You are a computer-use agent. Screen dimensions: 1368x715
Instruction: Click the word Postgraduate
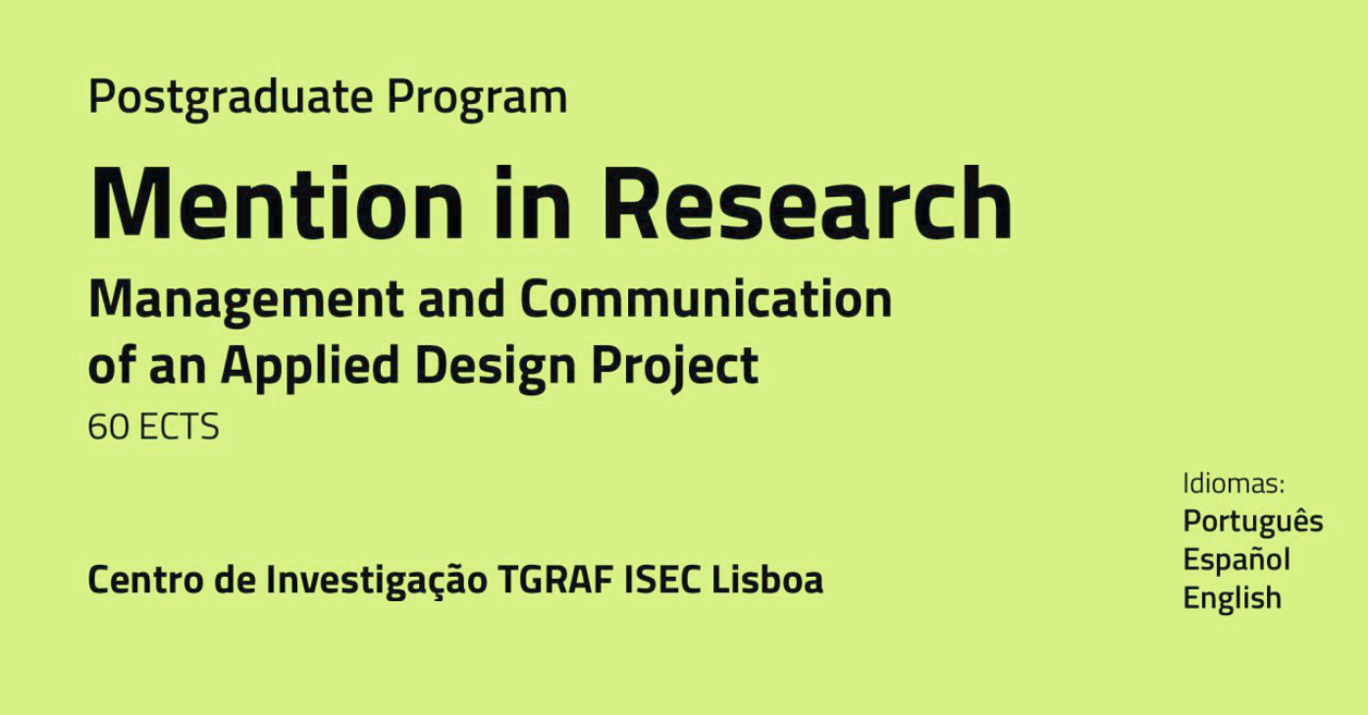click(231, 98)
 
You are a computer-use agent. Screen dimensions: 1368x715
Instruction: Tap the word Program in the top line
click(478, 99)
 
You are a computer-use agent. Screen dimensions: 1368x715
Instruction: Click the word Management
click(245, 300)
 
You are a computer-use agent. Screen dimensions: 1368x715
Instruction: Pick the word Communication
click(706, 299)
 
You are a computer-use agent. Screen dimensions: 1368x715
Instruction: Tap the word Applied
click(310, 367)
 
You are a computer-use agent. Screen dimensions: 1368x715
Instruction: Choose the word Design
click(496, 367)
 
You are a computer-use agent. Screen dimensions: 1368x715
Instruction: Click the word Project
click(675, 367)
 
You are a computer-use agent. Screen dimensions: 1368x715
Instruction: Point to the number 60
click(109, 427)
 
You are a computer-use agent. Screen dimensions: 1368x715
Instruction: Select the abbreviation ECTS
click(179, 427)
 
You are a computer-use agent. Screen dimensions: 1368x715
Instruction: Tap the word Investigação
click(377, 581)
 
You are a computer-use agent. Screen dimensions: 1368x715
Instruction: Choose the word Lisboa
click(767, 580)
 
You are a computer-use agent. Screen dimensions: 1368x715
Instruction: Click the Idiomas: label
click(1235, 484)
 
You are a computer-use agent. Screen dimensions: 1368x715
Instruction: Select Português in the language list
click(1253, 522)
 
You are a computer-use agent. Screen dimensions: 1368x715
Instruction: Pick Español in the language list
click(1236, 559)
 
